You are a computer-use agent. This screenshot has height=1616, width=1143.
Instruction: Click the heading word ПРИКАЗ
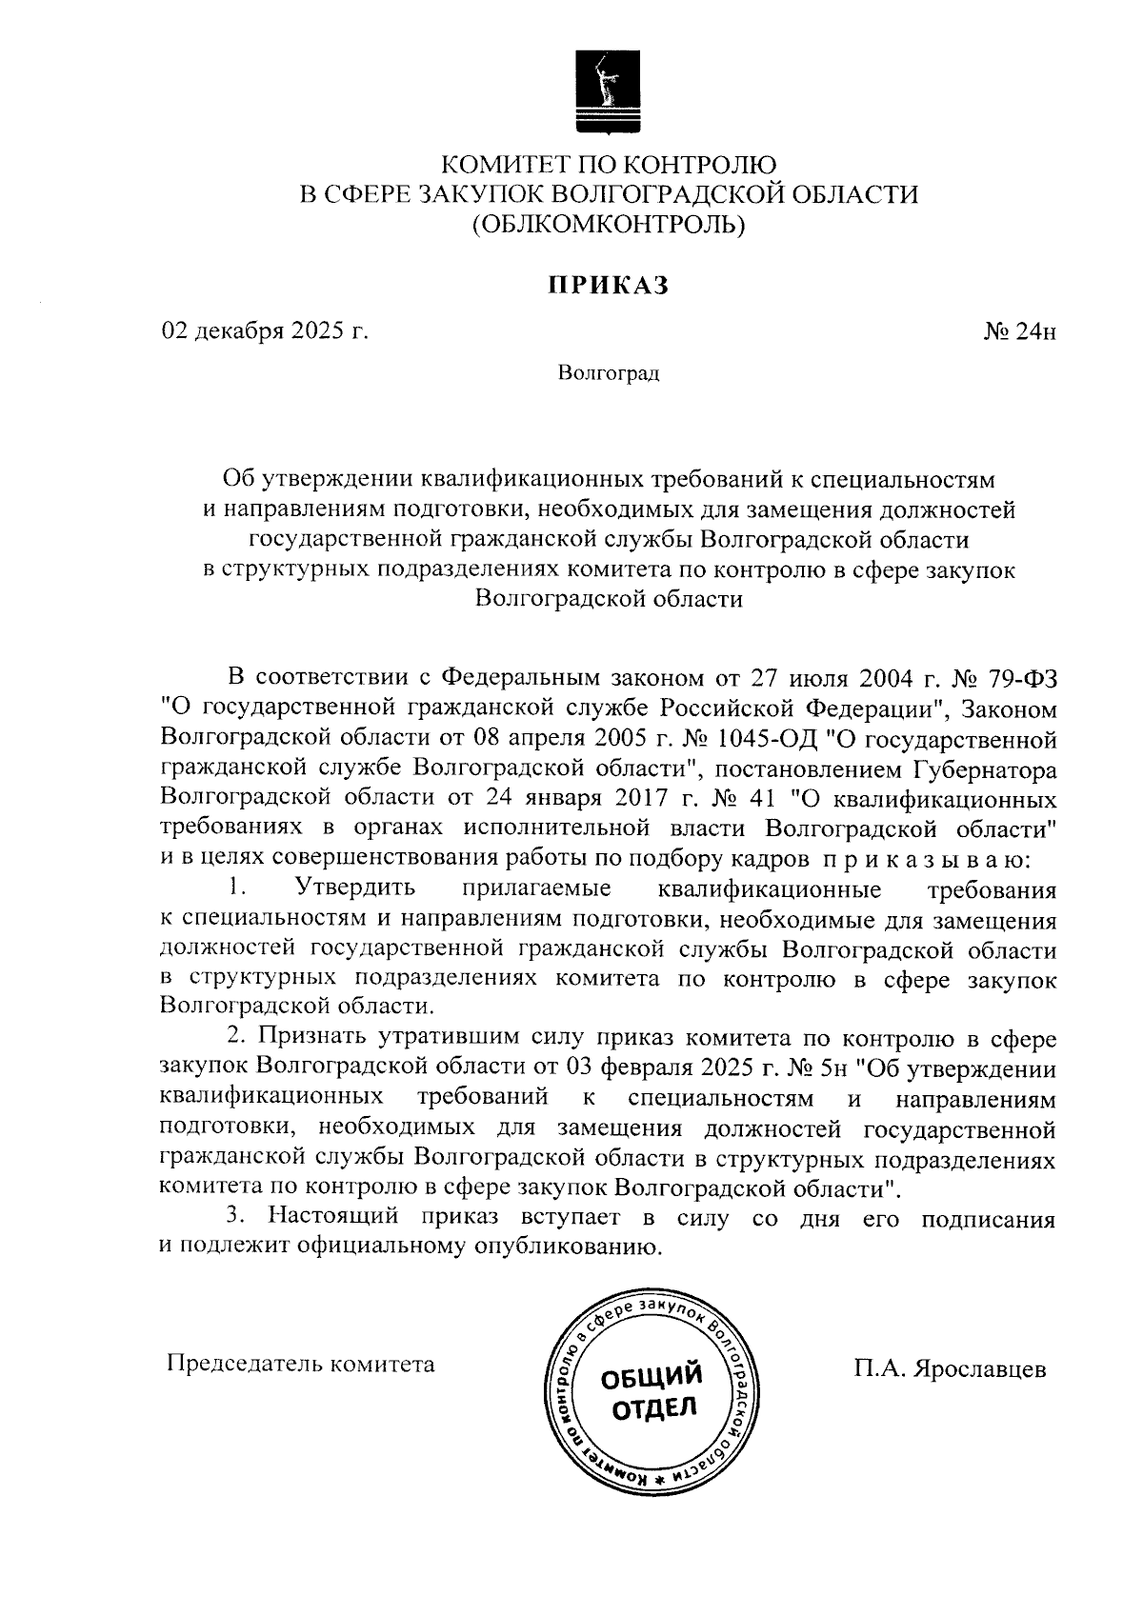pyautogui.click(x=608, y=284)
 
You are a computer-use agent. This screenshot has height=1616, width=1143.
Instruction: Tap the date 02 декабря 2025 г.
pyautogui.click(x=265, y=331)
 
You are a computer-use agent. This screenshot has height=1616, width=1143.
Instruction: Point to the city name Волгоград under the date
pyautogui.click(x=609, y=372)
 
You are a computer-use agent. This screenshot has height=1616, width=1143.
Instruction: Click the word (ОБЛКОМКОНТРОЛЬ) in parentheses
pyautogui.click(x=609, y=224)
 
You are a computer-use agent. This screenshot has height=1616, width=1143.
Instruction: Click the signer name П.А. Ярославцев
pyautogui.click(x=950, y=1369)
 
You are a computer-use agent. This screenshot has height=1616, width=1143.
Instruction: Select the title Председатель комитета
pyautogui.click(x=301, y=1364)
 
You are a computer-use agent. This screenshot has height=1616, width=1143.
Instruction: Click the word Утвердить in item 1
pyautogui.click(x=355, y=889)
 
